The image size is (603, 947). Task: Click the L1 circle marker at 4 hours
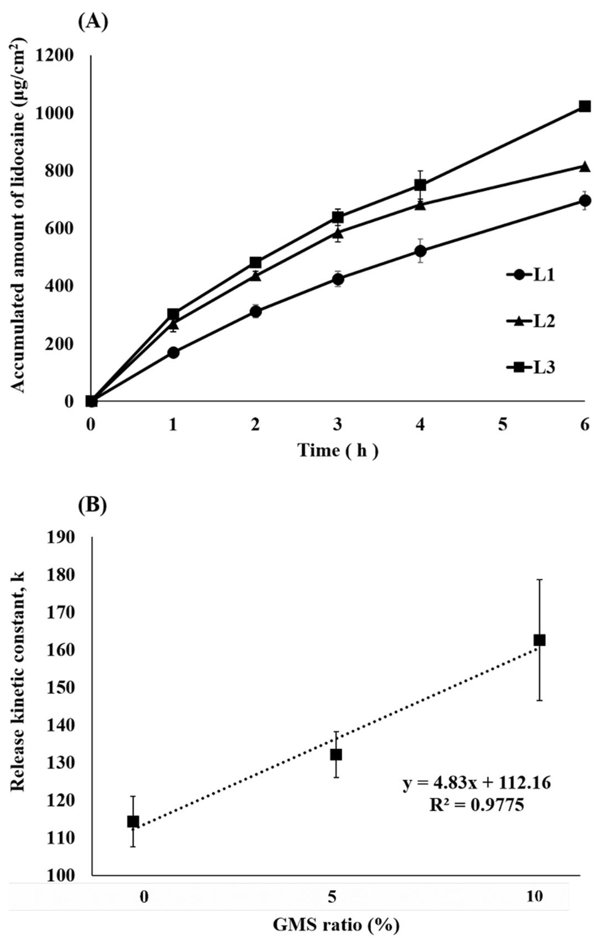coord(420,250)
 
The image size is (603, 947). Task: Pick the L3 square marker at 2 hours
coord(255,262)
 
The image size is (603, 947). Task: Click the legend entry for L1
coord(530,275)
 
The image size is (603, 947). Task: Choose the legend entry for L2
coord(530,322)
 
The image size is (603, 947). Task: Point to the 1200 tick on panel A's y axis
coord(54,56)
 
